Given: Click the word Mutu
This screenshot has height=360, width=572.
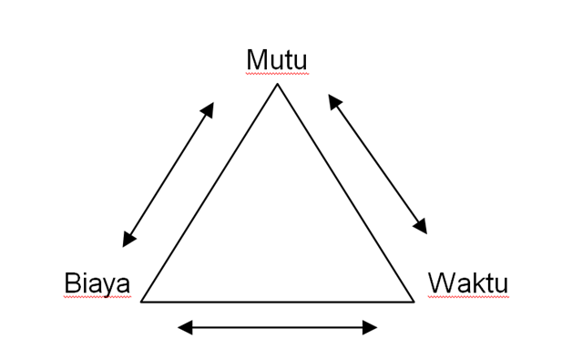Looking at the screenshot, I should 277,60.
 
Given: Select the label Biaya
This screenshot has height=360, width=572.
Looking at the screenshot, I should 97,283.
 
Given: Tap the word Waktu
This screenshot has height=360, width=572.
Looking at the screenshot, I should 467,283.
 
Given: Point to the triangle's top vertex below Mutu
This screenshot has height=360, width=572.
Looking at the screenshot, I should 277,84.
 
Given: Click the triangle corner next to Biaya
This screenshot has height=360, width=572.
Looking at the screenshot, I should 142,301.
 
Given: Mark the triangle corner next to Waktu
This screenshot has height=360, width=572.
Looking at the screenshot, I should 414,301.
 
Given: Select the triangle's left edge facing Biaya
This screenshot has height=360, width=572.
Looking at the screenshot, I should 209,192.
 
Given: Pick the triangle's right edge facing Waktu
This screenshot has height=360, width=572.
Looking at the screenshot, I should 345,192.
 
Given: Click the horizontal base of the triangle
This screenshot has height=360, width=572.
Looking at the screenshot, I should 278,301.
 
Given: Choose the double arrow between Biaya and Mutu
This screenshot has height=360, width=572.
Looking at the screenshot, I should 169,174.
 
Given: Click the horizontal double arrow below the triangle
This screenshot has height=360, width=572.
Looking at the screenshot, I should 278,327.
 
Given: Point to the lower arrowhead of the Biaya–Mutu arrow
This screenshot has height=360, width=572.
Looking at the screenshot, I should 128,240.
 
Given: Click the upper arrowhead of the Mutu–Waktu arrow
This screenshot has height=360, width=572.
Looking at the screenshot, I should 334,100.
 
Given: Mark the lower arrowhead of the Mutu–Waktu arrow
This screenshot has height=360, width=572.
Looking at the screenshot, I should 421,227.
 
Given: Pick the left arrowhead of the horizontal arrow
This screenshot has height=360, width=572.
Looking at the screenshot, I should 184,327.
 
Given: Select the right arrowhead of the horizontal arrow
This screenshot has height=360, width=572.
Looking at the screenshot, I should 371,327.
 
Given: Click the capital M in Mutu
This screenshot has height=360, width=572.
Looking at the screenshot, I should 257,60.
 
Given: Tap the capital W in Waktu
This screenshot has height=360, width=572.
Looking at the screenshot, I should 441,283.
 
